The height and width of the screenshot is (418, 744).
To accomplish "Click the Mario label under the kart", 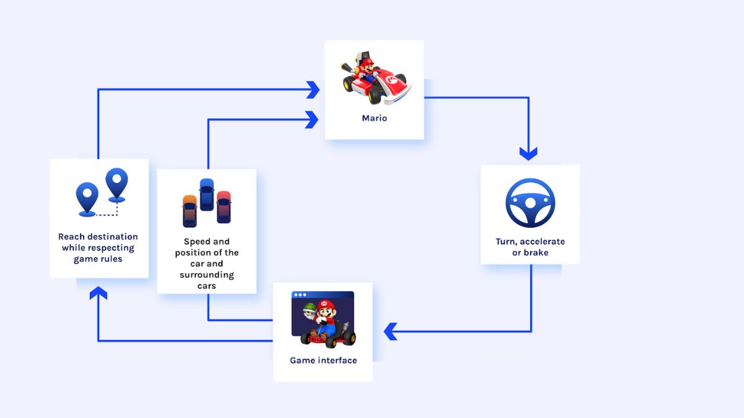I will [374, 118].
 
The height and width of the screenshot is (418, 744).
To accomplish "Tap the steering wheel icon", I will [530, 203].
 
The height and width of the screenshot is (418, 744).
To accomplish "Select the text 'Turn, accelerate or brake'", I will [530, 247].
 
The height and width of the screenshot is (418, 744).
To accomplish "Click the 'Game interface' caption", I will [323, 360].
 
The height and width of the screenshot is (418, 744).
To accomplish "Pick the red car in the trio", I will [223, 207].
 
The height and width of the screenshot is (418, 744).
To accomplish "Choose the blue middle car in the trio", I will [206, 194].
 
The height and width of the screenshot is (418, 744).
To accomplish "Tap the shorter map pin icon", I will [87, 199].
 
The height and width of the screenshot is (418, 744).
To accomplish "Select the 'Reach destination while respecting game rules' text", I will [98, 248].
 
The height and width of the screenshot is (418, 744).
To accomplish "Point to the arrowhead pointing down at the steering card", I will [528, 153].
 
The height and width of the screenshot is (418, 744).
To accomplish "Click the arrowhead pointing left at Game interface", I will [391, 331].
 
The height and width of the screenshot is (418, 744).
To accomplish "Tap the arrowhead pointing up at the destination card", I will [98, 293].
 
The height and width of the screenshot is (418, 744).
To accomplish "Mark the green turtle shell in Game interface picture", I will [308, 308].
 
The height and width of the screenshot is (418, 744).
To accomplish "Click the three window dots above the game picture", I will [300, 295].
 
